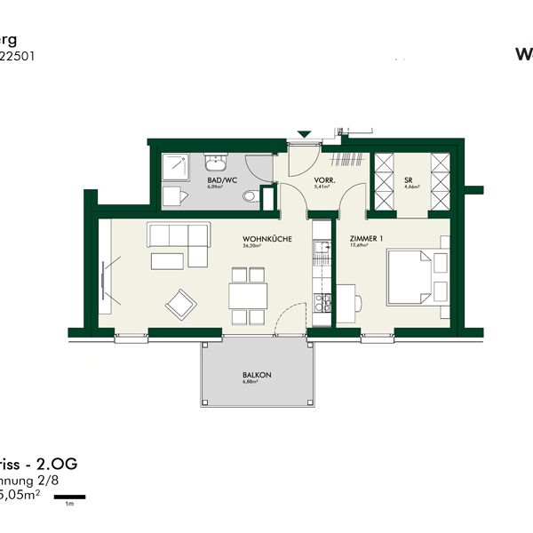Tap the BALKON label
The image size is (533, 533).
(256, 376)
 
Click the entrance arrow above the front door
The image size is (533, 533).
(305, 135)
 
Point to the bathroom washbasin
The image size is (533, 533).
(216, 163)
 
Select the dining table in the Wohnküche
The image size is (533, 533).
(248, 294)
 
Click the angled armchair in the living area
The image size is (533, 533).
(181, 305)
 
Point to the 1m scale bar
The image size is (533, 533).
(68, 495)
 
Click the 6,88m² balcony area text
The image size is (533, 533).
(256, 384)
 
